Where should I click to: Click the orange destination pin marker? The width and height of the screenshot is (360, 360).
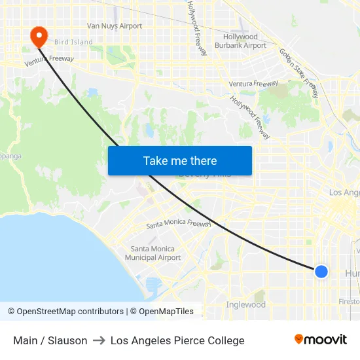point(39,35)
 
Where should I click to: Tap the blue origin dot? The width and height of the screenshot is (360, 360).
point(321,271)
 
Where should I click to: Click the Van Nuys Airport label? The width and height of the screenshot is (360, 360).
point(115,26)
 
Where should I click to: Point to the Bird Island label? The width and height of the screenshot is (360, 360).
point(73,42)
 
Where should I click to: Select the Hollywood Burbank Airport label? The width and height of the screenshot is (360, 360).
point(240,41)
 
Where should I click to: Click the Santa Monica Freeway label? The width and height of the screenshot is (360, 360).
point(177,224)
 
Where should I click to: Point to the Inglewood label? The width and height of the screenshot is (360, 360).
point(245,304)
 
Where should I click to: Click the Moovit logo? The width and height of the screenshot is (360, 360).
point(321,340)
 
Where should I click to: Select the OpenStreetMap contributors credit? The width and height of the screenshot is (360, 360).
point(65,312)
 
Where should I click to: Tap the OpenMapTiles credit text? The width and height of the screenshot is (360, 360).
point(161,312)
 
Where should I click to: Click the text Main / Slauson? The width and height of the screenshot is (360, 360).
point(50,340)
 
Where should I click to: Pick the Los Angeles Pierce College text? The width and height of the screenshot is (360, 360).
point(177,340)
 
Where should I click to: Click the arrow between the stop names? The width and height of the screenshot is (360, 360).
point(99,340)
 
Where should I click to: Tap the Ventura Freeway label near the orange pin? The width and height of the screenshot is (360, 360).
point(49,61)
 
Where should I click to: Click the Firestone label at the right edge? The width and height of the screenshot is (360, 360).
point(349,302)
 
